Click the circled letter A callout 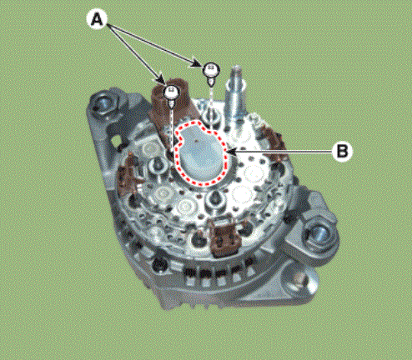[x=97, y=20]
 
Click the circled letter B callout [x=342, y=152]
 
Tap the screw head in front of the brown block [x=172, y=92]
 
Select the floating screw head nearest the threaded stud [x=212, y=69]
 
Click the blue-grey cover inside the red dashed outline [x=200, y=153]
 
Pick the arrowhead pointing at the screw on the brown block [x=162, y=79]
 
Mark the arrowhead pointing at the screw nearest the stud [x=196, y=64]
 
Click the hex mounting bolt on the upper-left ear [x=103, y=105]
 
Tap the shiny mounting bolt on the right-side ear [x=317, y=235]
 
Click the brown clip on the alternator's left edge [x=128, y=176]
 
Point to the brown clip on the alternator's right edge [x=275, y=142]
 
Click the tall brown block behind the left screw [x=170, y=111]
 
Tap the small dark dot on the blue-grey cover [x=197, y=141]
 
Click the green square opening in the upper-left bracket [x=115, y=142]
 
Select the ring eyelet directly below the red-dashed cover [x=214, y=199]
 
